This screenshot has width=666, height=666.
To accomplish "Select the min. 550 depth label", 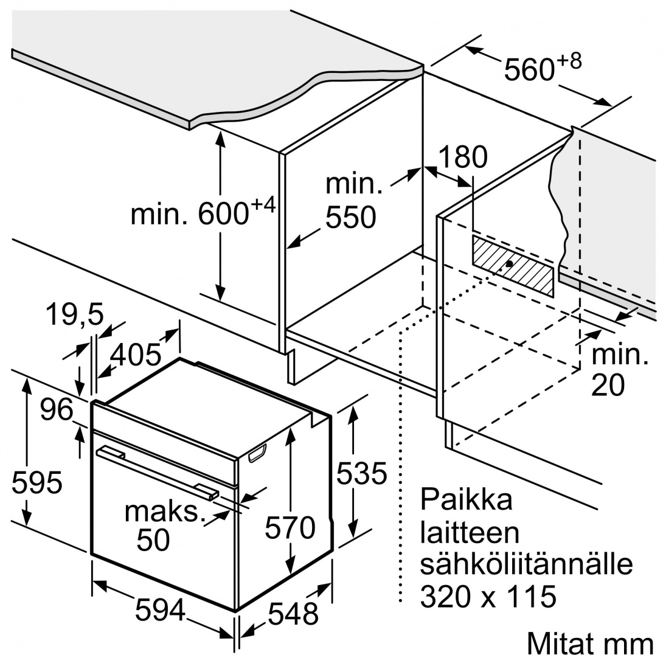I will (350, 200).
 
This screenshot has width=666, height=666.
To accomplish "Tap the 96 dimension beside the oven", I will (56, 411).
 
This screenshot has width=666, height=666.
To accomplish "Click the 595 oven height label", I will (37, 483).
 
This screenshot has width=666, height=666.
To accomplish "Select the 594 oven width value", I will (160, 609).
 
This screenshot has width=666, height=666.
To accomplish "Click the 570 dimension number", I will (290, 527).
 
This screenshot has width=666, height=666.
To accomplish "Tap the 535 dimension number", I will (361, 473).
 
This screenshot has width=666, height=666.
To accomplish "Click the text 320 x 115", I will (488, 596).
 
